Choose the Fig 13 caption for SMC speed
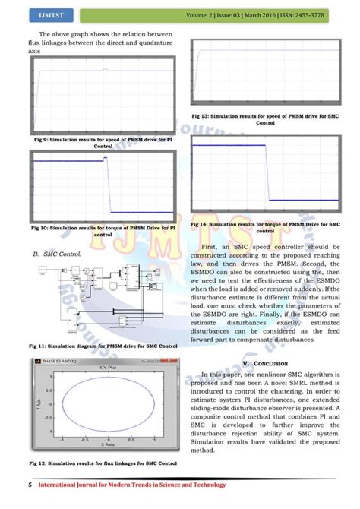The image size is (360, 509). [265, 119]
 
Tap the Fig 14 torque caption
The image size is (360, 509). [265, 227]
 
